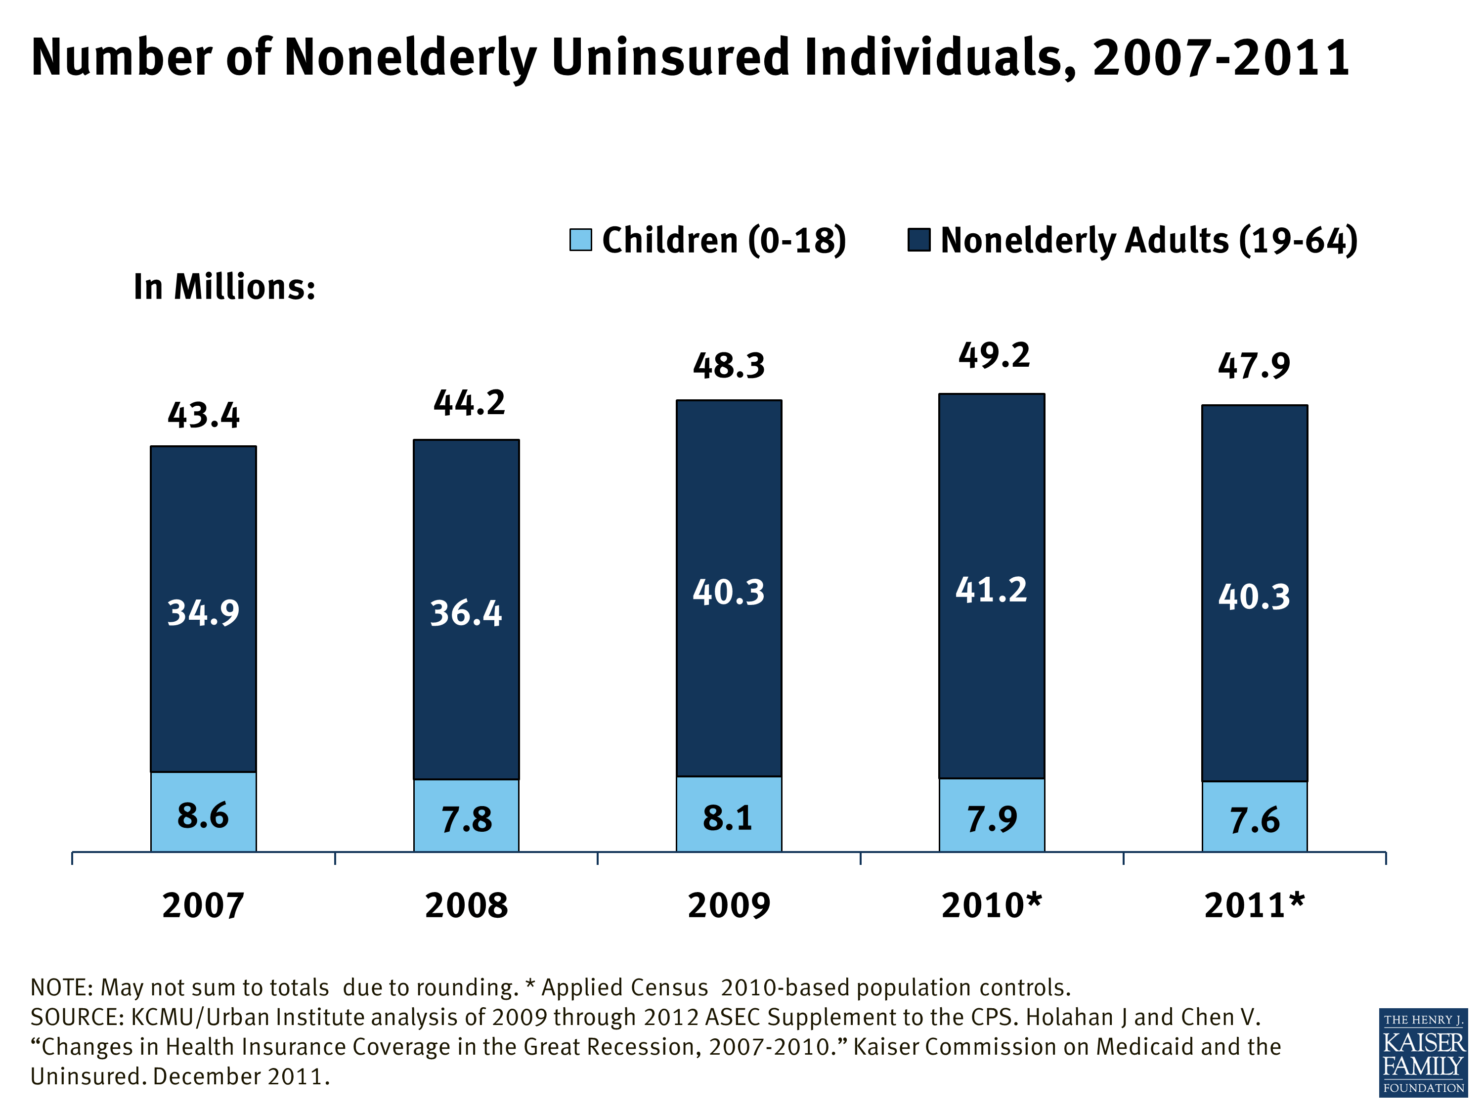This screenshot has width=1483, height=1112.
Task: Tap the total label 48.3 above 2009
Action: [729, 366]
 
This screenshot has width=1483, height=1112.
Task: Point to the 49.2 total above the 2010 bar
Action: [994, 356]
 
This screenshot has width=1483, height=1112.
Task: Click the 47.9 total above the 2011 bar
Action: [1254, 366]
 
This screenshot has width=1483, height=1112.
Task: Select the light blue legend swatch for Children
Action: [581, 240]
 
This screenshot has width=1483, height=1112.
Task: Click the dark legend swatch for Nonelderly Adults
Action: [918, 240]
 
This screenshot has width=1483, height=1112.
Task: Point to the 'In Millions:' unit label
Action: [224, 288]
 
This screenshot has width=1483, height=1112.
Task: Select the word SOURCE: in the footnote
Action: [77, 1018]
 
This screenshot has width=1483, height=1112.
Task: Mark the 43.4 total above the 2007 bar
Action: [203, 416]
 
